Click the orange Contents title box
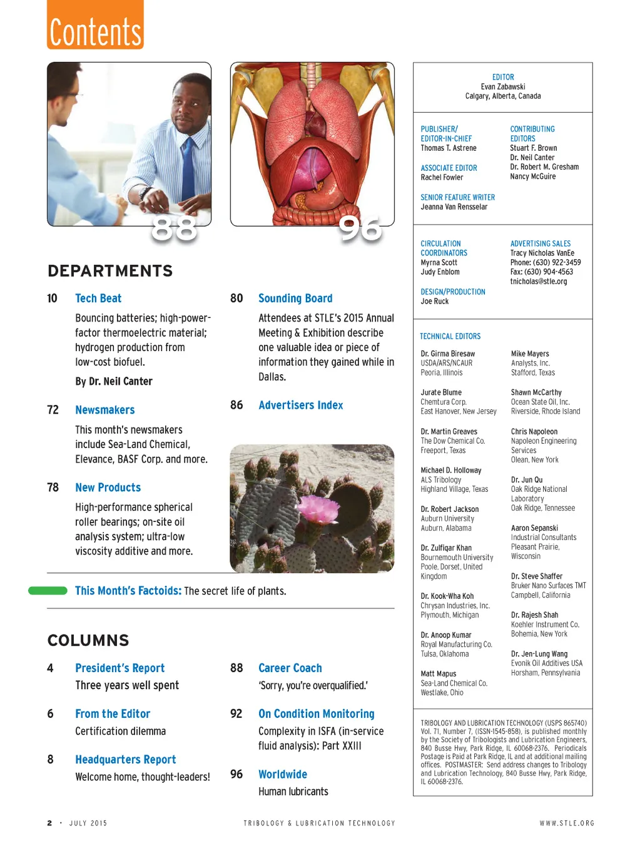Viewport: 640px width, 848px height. pyautogui.click(x=95, y=25)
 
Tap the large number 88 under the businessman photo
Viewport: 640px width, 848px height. pyautogui.click(x=174, y=229)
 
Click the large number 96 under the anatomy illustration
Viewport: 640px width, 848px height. pyautogui.click(x=360, y=229)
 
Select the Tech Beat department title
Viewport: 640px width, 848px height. pyautogui.click(x=98, y=299)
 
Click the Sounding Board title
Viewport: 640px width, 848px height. pyautogui.click(x=295, y=299)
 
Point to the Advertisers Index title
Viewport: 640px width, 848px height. pyautogui.click(x=300, y=406)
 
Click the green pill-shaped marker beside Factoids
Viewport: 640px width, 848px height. pyautogui.click(x=48, y=591)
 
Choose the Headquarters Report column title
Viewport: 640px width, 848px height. pyautogui.click(x=125, y=760)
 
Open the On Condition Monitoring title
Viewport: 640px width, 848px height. pyautogui.click(x=316, y=714)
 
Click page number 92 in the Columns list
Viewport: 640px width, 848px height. pyautogui.click(x=236, y=714)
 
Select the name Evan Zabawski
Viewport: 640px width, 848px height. pyautogui.click(x=502, y=87)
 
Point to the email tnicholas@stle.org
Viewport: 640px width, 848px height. pyautogui.click(x=538, y=282)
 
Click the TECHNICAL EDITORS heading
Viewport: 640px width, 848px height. pyautogui.click(x=450, y=336)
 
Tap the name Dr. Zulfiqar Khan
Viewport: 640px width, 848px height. pyautogui.click(x=446, y=548)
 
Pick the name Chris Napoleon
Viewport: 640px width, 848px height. pyautogui.click(x=534, y=432)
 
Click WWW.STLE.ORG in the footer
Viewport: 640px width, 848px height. pyautogui.click(x=567, y=824)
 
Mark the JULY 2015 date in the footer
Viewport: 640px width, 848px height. pyautogui.click(x=88, y=824)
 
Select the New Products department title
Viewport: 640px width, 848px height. pyautogui.click(x=108, y=488)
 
